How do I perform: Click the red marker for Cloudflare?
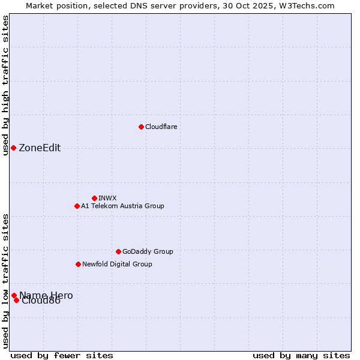[141, 127]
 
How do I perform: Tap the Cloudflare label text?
[161, 127]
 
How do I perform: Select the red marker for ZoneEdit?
[13, 148]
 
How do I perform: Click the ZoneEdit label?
[40, 148]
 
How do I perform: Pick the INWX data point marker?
[94, 198]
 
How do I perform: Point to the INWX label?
[107, 198]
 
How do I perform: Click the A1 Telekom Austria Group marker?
[77, 206]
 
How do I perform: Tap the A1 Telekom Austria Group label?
[122, 206]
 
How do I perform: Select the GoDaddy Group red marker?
[118, 251]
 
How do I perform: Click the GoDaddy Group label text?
[147, 251]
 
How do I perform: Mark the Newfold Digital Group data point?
[78, 264]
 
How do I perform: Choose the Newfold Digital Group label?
[117, 264]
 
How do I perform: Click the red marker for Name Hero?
[14, 295]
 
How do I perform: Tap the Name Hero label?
[46, 295]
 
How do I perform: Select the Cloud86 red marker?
[16, 300]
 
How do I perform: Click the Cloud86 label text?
[41, 301]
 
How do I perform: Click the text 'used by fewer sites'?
[62, 355]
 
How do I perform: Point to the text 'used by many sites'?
[301, 355]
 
